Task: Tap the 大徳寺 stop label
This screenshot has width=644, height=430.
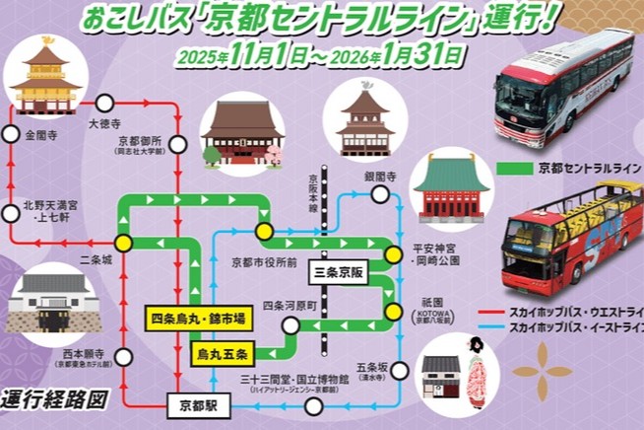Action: pyautogui.click(x=104, y=126)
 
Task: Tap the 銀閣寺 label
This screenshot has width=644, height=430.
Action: pyautogui.click(x=379, y=177)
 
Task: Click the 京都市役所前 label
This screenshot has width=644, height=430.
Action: pyautogui.click(x=264, y=262)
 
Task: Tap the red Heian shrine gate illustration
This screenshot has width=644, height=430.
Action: pyautogui.click(x=452, y=188)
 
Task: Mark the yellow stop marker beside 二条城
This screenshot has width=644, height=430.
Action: pyautogui.click(x=123, y=242)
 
